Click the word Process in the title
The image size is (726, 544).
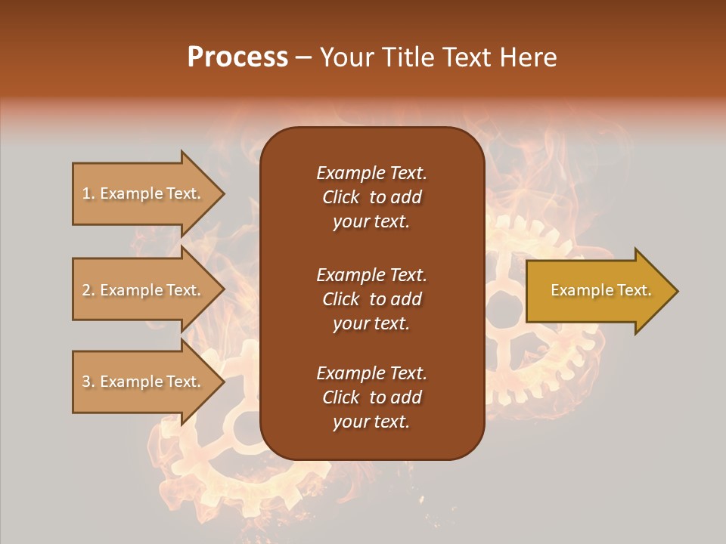(x=237, y=57)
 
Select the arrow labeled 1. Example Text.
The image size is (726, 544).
(x=144, y=193)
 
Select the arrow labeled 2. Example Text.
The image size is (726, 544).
(x=144, y=290)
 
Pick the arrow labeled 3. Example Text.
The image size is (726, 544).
(x=144, y=382)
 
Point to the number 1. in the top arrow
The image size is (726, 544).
(x=88, y=193)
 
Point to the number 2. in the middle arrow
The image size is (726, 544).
(x=88, y=290)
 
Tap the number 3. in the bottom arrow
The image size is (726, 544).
(x=88, y=382)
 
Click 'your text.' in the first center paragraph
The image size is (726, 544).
(x=371, y=221)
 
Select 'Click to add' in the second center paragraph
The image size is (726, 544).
(x=371, y=299)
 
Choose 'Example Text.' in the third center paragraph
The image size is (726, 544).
(x=371, y=373)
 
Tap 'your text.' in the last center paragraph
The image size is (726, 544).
(x=371, y=422)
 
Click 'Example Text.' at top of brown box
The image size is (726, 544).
(x=371, y=173)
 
